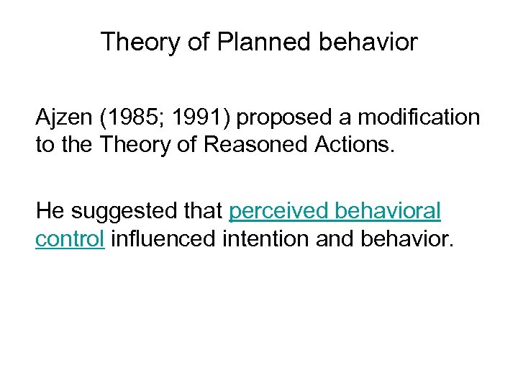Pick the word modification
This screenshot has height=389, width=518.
click(419, 117)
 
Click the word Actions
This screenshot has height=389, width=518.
click(351, 144)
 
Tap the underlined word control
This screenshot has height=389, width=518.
click(70, 238)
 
